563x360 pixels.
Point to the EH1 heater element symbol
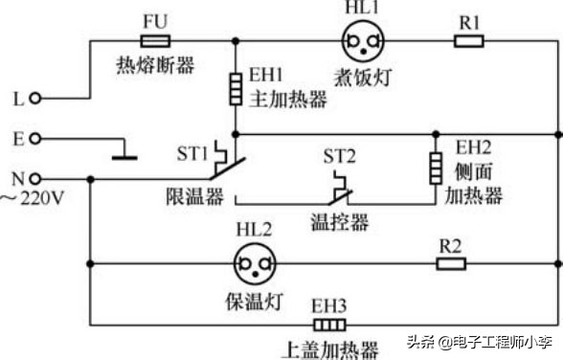pyautogui.click(x=235, y=90)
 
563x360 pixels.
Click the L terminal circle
pyautogui.click(x=35, y=98)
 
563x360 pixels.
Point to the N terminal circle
pyautogui.click(x=35, y=178)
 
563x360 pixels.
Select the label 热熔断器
pyautogui.click(x=154, y=65)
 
